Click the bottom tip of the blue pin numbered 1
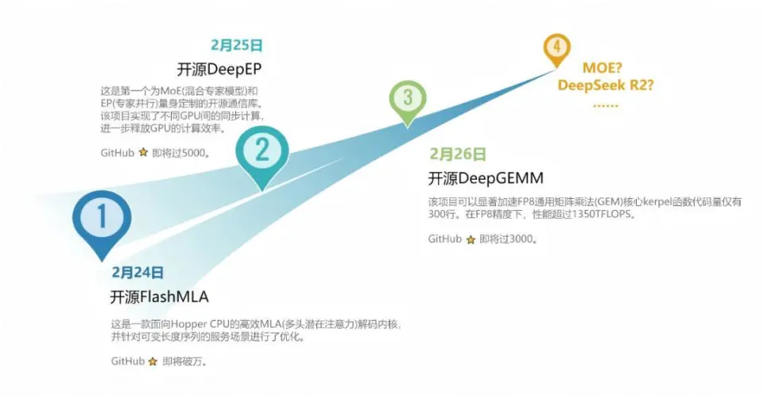102,261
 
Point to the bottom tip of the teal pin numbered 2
262,191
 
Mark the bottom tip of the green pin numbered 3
408,127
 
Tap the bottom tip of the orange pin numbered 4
556,68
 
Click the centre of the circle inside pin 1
102,216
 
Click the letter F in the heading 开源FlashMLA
144,297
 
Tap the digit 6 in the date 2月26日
468,154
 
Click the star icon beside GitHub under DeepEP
143,153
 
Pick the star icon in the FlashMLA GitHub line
153,361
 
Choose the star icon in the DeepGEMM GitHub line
471,239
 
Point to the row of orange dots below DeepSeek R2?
606,106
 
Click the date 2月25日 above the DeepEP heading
237,45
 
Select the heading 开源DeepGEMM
486,177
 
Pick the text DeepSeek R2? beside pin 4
606,85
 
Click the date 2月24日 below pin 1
137,272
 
